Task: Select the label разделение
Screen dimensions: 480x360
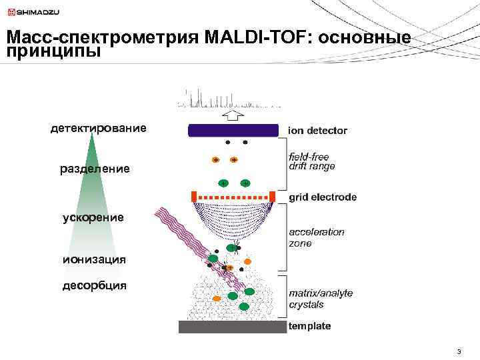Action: point(95,169)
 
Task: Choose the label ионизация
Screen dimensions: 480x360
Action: point(94,258)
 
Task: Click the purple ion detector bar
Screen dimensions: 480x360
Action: point(232,130)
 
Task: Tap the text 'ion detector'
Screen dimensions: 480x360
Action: point(317,131)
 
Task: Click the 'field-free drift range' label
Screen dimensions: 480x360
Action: point(312,161)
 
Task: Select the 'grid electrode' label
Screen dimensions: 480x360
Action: point(323,197)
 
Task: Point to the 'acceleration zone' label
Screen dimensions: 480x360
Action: point(317,237)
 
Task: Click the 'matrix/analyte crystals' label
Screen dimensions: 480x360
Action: point(321,299)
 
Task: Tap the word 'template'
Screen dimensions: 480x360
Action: point(309,326)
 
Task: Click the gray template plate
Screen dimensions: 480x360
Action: point(232,327)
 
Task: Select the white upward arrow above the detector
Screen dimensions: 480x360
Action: point(232,115)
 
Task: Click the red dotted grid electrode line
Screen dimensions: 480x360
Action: point(233,197)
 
